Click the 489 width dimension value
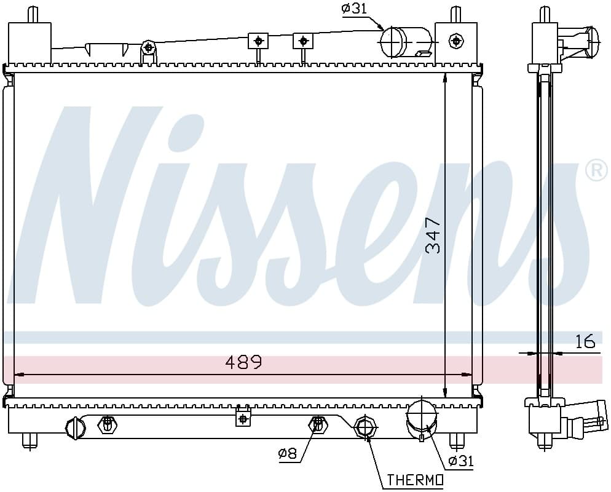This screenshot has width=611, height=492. click(x=244, y=362)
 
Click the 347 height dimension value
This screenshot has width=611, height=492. click(x=433, y=236)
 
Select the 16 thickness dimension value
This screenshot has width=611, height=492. click(x=585, y=341)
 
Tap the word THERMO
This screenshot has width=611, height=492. click(x=415, y=480)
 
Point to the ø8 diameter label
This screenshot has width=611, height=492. click(x=288, y=454)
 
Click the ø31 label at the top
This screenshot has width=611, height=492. click(x=354, y=9)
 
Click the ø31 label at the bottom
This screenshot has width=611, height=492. click(x=461, y=461)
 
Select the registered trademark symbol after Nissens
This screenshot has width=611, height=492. click(x=597, y=171)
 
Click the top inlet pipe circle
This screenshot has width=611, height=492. click(x=393, y=42)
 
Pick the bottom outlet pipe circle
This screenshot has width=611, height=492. click(x=421, y=413)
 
